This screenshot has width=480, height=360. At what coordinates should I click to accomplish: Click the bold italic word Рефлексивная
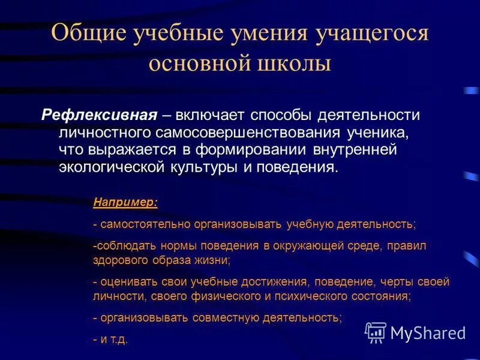click(x=100, y=115)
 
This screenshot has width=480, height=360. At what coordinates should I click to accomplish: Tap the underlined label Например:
click(x=125, y=203)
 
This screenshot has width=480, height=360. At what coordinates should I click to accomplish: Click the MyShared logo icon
click(x=375, y=332)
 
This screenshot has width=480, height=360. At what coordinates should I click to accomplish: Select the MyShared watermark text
click(x=428, y=332)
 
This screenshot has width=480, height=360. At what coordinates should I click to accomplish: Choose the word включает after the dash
click(x=210, y=115)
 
